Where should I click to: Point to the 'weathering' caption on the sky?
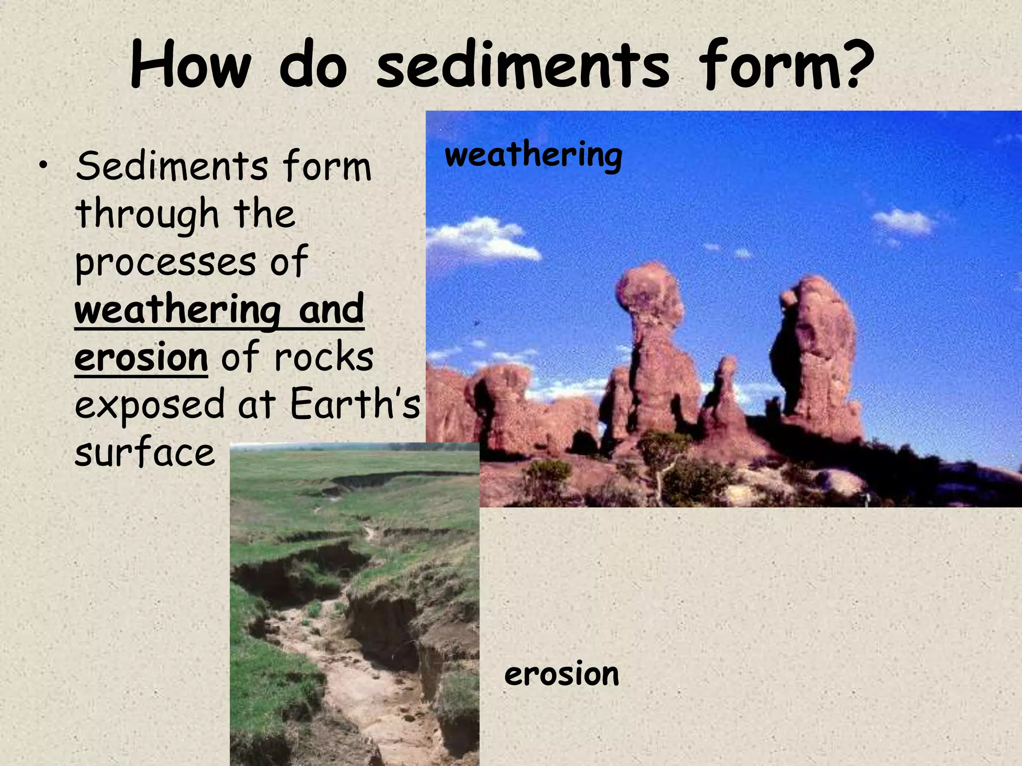pos(533,156)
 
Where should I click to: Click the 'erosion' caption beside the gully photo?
pos(561,674)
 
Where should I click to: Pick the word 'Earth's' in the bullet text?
pos(355,404)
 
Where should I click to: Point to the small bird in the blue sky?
pos(478,324)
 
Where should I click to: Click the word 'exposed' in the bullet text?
pos(150,405)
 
